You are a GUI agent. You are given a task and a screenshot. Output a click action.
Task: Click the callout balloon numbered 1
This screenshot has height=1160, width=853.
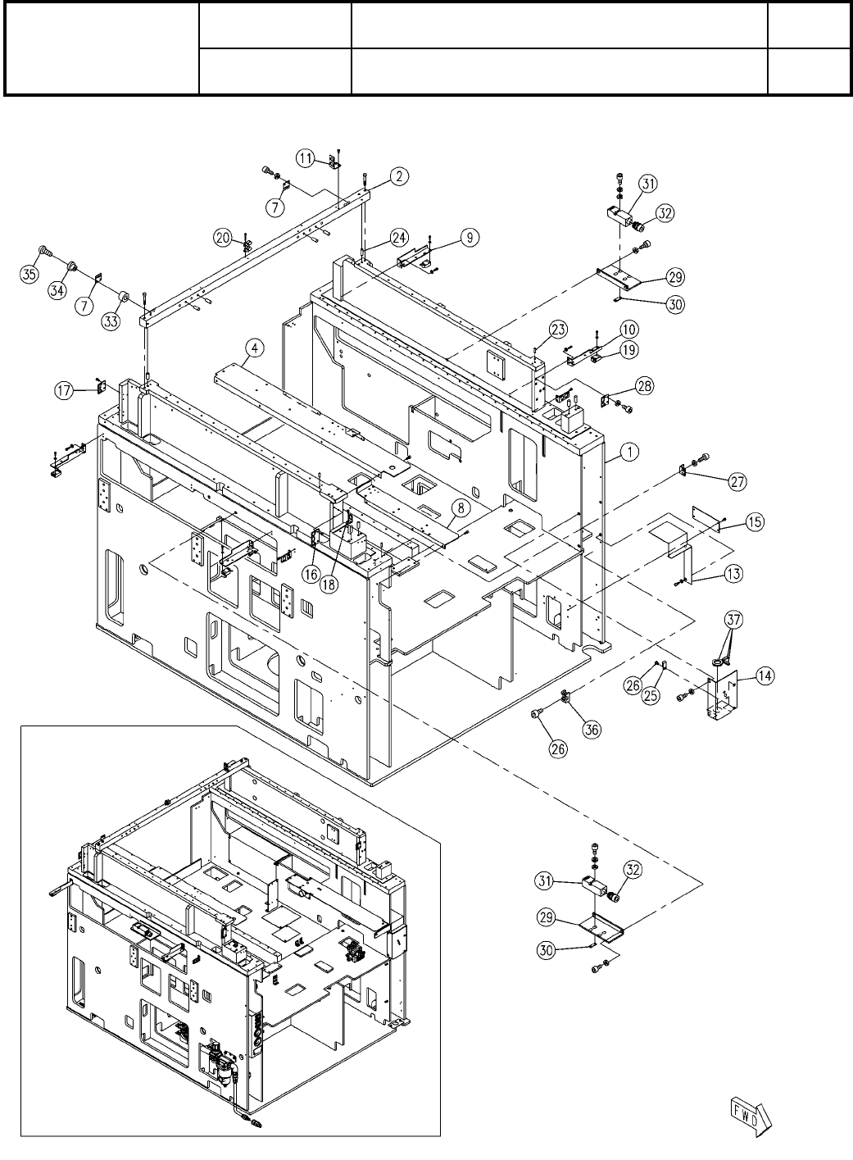click(x=629, y=452)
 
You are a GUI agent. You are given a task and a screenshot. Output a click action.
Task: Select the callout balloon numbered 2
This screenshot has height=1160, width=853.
click(x=399, y=176)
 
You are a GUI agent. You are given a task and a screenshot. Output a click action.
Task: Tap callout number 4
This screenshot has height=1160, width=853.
click(x=255, y=348)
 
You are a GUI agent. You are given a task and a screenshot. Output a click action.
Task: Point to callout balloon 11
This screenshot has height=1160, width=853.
click(x=306, y=158)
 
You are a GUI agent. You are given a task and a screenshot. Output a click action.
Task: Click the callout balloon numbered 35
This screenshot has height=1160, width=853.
click(x=29, y=274)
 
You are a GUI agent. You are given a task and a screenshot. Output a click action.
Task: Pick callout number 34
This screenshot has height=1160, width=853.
click(x=57, y=290)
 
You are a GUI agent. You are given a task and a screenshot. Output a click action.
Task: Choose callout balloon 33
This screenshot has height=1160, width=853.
click(x=111, y=321)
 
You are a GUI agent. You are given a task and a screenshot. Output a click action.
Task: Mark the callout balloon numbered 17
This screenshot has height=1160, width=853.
click(x=64, y=390)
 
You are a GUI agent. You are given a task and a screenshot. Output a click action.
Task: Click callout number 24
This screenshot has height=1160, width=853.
click(x=399, y=238)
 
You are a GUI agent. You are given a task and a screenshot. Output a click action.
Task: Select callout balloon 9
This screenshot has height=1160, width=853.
click(x=470, y=238)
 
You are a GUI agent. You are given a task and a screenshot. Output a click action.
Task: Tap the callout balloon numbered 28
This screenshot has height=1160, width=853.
click(x=645, y=386)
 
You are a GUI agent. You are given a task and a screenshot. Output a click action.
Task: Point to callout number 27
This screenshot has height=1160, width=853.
click(x=737, y=481)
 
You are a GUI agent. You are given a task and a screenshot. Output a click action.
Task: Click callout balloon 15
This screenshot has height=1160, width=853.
click(x=755, y=521)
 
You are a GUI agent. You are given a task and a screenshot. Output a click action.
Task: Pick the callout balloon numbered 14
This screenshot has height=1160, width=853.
click(x=765, y=676)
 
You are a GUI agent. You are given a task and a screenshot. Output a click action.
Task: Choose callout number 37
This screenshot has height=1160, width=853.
click(x=733, y=620)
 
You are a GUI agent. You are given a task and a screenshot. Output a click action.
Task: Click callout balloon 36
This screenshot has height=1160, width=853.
click(x=592, y=729)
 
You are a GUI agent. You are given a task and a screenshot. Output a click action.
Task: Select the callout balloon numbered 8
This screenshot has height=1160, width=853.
click(x=461, y=508)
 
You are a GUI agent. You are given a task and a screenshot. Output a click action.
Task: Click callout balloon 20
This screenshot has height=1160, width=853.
click(x=223, y=239)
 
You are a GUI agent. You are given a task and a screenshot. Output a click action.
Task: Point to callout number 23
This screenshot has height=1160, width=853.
click(x=559, y=330)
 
